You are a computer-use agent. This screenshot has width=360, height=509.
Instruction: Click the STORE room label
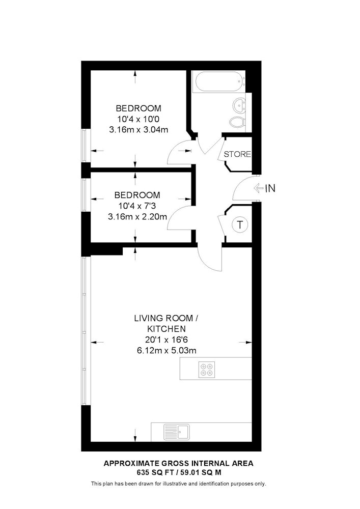[237, 154]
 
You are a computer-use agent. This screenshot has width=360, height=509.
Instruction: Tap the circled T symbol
[240, 224]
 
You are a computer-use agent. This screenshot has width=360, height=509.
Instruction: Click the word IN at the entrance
[270, 188]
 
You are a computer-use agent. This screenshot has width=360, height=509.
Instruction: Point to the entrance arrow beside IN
[258, 188]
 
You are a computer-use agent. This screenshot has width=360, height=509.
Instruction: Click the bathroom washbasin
[240, 106]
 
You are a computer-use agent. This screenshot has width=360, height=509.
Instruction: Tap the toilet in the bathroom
[239, 123]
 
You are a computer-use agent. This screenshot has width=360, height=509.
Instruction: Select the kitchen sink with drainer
[177, 432]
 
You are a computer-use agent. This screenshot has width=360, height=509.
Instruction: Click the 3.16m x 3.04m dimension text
[139, 130]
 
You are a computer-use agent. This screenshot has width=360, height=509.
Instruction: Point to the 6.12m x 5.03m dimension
[167, 350]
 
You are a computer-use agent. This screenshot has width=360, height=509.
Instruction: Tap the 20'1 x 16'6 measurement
[167, 340]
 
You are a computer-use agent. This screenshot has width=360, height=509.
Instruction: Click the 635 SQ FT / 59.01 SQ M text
[179, 473]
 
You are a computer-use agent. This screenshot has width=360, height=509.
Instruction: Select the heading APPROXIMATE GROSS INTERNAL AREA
[178, 464]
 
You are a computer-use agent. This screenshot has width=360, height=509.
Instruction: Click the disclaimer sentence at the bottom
[179, 484]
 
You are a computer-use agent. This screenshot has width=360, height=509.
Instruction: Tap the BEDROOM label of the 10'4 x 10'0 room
[139, 108]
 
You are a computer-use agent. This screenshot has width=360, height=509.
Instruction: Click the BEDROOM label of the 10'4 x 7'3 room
[137, 195]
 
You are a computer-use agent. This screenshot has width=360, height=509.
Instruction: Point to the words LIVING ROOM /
[166, 318]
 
